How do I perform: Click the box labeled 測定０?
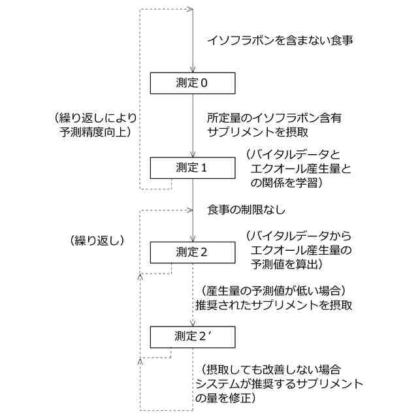point(193,83)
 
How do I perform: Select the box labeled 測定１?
point(193,167)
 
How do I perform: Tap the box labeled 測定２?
point(193,252)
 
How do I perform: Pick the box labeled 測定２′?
point(193,336)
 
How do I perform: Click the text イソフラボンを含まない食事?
point(281,40)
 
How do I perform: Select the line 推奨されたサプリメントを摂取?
point(274,305)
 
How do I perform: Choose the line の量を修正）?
point(225,397)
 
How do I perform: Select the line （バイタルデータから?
point(298,236)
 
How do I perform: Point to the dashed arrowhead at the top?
point(191,9)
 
